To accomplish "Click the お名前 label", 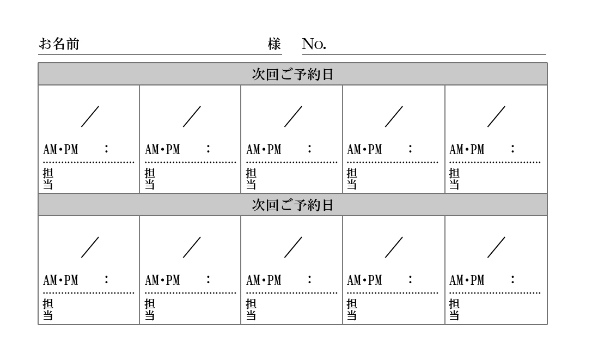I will point(59,44).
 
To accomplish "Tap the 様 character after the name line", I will point(274,44).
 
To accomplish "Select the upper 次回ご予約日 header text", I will point(292,75).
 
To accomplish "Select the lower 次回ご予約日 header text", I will point(292,205).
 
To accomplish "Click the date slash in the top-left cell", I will point(90,117).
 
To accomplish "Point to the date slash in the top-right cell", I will point(496,117).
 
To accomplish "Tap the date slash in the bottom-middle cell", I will point(293,247).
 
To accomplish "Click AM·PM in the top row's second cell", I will point(162,149).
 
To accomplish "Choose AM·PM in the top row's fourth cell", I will point(364,149).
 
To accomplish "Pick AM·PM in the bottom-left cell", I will point(60,280).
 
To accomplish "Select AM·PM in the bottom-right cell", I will point(466,280).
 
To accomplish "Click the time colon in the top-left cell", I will point(106,149).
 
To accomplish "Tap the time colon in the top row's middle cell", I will point(309,149).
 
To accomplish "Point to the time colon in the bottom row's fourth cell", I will point(410,280).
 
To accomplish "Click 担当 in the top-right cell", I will point(454,179).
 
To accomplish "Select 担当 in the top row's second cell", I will point(149,179).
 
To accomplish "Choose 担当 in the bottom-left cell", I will point(48,309).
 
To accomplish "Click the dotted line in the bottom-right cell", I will point(495,294).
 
